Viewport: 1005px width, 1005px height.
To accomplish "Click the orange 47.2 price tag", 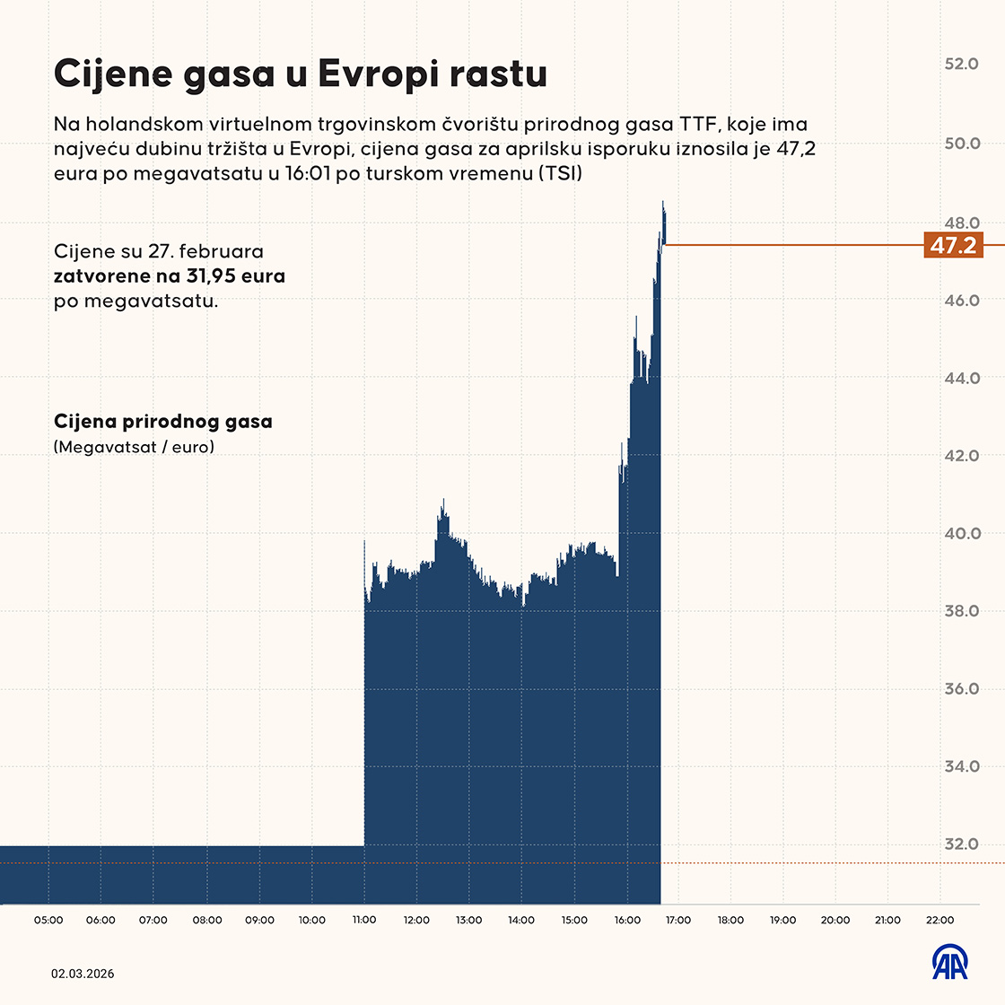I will click(x=953, y=245).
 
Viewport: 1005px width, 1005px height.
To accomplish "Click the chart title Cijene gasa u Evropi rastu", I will click(x=301, y=74).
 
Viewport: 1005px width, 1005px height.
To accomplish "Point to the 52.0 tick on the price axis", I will click(x=962, y=65).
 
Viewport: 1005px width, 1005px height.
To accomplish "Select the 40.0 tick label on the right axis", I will click(x=962, y=534).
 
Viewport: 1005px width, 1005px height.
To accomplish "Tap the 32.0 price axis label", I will click(x=962, y=844).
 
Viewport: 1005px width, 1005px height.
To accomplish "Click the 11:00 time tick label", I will click(x=364, y=920).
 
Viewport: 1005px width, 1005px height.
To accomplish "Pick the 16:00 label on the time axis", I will click(x=627, y=920).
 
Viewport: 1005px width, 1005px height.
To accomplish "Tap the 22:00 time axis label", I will click(x=939, y=920).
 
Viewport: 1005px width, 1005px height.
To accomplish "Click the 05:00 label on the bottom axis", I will click(x=49, y=920).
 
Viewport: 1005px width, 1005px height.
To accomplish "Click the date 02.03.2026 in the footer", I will click(x=83, y=974).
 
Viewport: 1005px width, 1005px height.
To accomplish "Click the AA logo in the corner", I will click(x=949, y=963).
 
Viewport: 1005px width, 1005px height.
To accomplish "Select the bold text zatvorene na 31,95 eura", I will click(x=170, y=275).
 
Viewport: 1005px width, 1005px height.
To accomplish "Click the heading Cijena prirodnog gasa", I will click(x=163, y=421).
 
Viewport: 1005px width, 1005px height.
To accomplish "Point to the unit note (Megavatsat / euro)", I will click(x=134, y=446).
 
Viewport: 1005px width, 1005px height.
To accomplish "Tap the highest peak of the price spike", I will click(x=663, y=203).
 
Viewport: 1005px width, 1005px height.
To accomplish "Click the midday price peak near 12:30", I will click(x=442, y=502).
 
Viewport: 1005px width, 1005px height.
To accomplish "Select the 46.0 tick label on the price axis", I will click(x=962, y=301).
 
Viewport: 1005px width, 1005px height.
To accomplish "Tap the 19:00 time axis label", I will click(x=783, y=920).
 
